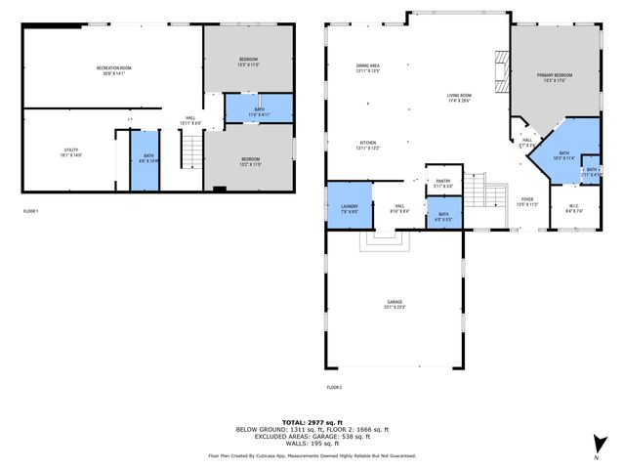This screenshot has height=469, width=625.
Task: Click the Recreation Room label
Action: click(113, 69)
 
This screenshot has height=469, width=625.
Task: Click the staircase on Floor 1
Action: click(193, 151)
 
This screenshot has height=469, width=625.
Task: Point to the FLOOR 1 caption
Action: click(31, 211)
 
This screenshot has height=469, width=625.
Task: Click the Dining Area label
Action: click(368, 68)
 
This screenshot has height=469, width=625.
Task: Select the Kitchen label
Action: click(368, 146)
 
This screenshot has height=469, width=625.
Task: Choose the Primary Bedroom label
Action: click(554, 78)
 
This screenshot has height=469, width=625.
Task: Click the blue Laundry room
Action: click(350, 207)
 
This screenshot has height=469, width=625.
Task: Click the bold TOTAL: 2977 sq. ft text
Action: click(312, 421)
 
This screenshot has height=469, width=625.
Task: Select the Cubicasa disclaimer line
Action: click(312, 455)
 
